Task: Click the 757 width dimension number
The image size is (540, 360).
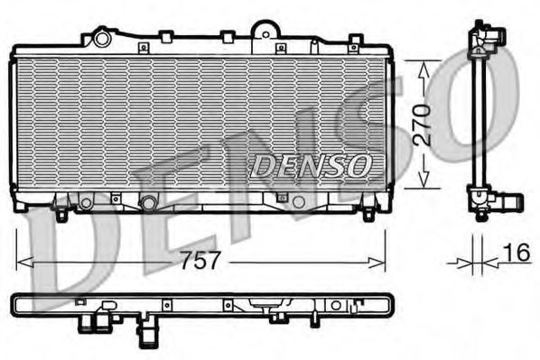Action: pyautogui.click(x=201, y=262)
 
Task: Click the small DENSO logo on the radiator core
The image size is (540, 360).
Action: pyautogui.click(x=310, y=165)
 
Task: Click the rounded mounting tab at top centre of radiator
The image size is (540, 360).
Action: pyautogui.click(x=264, y=30)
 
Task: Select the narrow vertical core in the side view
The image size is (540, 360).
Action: pyautogui.click(x=479, y=117)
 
